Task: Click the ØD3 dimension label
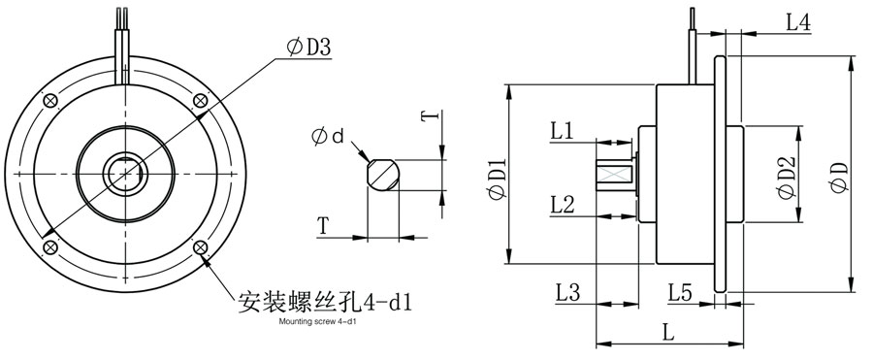[x=309, y=47]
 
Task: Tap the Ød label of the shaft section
[x=329, y=137]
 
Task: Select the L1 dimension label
[x=563, y=129]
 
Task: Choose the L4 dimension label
[x=798, y=22]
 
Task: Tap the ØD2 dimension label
[x=788, y=179]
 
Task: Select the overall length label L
[x=668, y=331]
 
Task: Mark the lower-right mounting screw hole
[x=201, y=248]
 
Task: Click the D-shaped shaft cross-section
[x=381, y=175]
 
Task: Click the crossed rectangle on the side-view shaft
[x=613, y=174]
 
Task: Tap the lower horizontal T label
[x=323, y=226]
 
